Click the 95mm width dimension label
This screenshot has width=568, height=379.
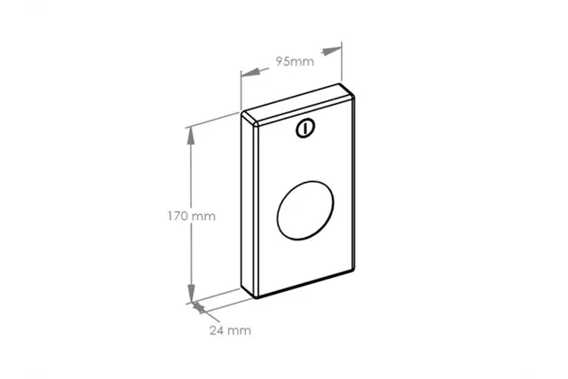click(295, 61)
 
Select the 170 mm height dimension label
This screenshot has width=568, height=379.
click(192, 217)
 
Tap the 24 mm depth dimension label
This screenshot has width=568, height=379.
click(230, 330)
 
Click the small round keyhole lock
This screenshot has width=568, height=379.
click(305, 129)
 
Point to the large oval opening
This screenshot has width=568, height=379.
click(305, 210)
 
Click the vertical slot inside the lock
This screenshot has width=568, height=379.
click(305, 129)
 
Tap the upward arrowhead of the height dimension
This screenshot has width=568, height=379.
click(191, 136)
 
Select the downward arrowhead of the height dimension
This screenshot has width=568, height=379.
click(191, 294)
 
